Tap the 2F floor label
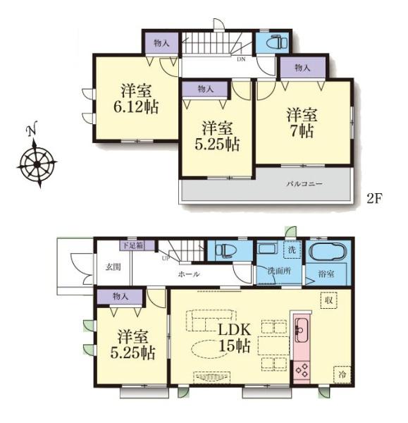[x=374, y=199]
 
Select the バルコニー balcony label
[x=304, y=184]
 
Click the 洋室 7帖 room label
[x=302, y=123]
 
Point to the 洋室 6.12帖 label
[x=135, y=99]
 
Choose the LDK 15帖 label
[x=235, y=338]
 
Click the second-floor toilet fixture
[x=277, y=42]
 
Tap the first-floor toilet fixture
[x=226, y=250]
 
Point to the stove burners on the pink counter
[x=302, y=370]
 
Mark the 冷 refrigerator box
[x=342, y=374]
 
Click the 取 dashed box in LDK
[x=328, y=300]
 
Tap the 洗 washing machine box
[x=292, y=250]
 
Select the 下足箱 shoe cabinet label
[x=133, y=246]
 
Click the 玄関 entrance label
[x=113, y=267]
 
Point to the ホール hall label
[x=189, y=274]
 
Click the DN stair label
[x=241, y=59]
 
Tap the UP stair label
[x=166, y=259]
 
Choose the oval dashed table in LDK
[x=205, y=349]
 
